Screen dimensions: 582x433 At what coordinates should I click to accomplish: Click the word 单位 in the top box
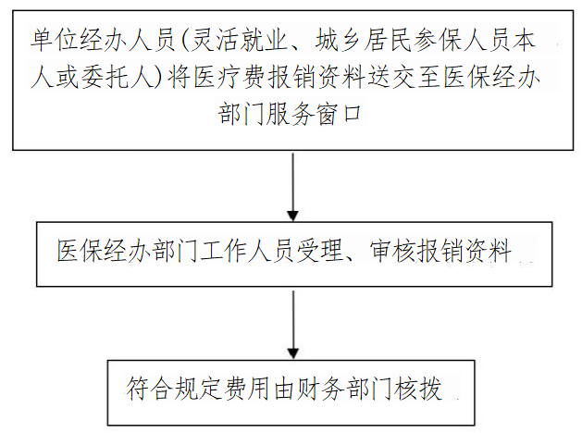coord(55,40)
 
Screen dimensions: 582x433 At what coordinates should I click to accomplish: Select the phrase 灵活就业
coord(239,40)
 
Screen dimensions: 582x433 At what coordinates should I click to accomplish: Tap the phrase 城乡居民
coord(364,40)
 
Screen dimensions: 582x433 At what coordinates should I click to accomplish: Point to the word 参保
coord(438,40)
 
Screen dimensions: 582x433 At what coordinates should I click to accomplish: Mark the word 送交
coord(392,77)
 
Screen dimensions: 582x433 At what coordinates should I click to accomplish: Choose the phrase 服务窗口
coord(314,114)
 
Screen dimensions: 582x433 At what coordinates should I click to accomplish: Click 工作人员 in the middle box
coord(247,251)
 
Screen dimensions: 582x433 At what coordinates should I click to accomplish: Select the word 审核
coord(393,251)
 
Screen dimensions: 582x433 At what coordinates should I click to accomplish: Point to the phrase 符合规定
coord(174,389)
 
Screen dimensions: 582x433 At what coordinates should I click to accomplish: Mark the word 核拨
coord(418,389)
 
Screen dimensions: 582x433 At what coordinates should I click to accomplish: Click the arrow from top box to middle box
coord(293,187)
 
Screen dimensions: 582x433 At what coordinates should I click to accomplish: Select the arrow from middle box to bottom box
coord(293,325)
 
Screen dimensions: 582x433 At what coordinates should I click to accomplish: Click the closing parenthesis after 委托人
coord(159,77)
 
